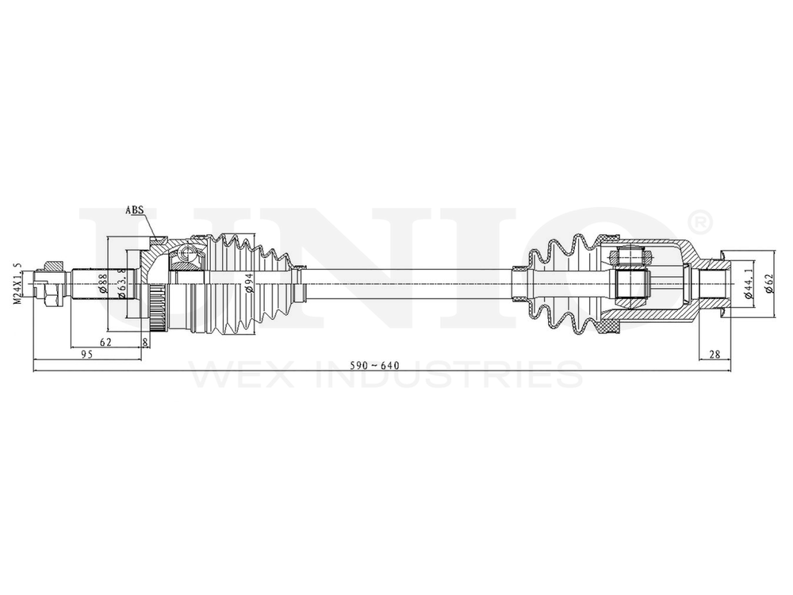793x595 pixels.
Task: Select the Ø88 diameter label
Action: point(104,283)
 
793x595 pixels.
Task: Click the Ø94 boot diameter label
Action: point(248,282)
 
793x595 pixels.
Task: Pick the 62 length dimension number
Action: point(105,341)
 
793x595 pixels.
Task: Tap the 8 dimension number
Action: point(144,341)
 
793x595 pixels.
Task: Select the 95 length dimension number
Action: point(88,355)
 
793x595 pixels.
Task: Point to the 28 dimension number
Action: point(714,355)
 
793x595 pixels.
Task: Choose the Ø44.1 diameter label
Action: point(748,282)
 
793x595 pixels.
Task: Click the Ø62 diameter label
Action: point(768,282)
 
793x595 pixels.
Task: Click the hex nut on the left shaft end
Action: point(48,282)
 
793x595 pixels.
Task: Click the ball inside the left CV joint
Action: point(187,253)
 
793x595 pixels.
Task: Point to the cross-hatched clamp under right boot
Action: point(609,325)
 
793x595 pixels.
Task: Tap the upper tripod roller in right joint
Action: point(632,255)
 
